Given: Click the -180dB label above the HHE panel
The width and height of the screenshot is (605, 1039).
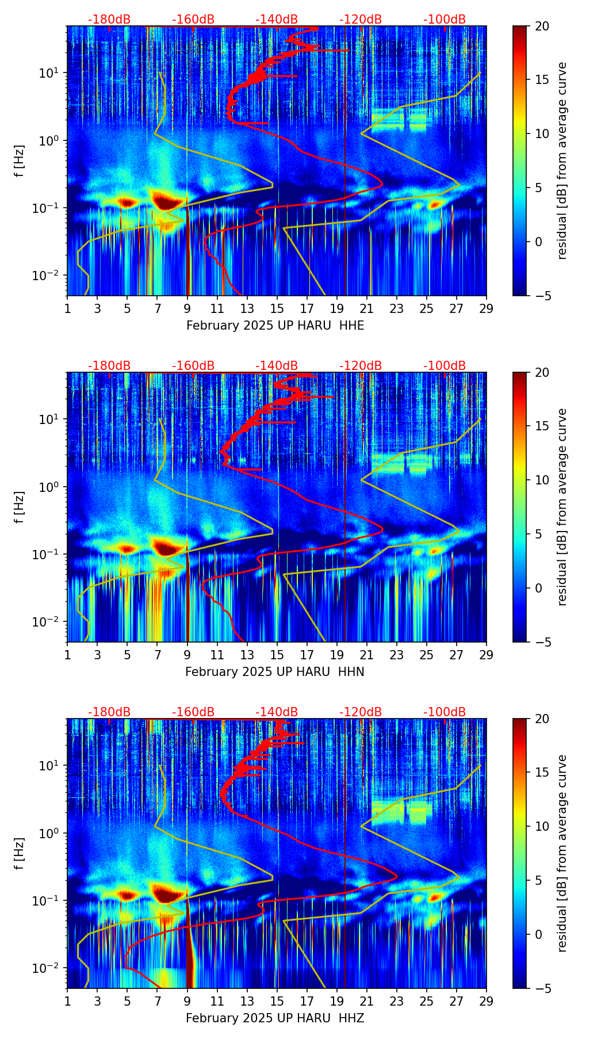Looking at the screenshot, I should coord(109,20).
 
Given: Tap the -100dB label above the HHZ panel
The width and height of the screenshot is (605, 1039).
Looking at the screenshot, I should coord(445,712).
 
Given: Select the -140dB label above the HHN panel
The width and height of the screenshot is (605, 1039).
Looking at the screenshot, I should coord(277,366).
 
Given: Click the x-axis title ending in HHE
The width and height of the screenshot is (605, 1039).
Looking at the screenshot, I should coord(275,326).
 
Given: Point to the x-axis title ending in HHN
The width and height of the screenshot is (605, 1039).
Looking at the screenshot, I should coord(274,672).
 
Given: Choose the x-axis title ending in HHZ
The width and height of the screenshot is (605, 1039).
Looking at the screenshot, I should coord(274,1018).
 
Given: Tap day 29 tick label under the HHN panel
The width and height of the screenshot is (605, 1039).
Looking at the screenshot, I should coord(487,655).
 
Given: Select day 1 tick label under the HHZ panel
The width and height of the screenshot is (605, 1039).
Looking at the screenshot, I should coord(67,1001).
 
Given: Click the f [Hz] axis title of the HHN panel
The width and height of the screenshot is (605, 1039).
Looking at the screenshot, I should coord(20,507).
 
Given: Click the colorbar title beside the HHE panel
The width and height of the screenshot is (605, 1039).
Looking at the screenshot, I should coord(562,161).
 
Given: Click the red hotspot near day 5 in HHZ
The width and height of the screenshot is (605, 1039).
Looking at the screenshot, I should coord(127,895).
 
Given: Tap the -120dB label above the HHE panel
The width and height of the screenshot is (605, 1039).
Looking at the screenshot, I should coord(361,20).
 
